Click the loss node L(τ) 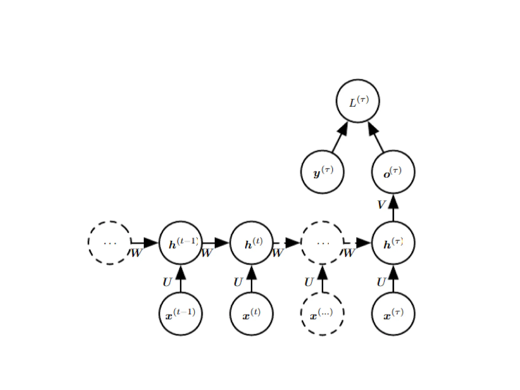click(358, 101)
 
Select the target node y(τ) click(322, 172)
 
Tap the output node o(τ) click(393, 172)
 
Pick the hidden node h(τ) click(393, 243)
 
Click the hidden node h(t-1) click(181, 243)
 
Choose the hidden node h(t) click(252, 243)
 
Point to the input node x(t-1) click(181, 314)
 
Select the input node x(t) click(252, 314)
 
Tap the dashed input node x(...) click(322, 314)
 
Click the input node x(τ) click(393, 314)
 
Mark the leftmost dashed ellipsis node click(110, 243)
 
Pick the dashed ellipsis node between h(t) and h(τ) click(322, 243)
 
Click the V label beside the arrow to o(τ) click(381, 204)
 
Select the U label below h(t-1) click(167, 282)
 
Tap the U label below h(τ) click(381, 282)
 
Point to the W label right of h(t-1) click(207, 253)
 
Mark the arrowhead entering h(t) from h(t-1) click(221, 243)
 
